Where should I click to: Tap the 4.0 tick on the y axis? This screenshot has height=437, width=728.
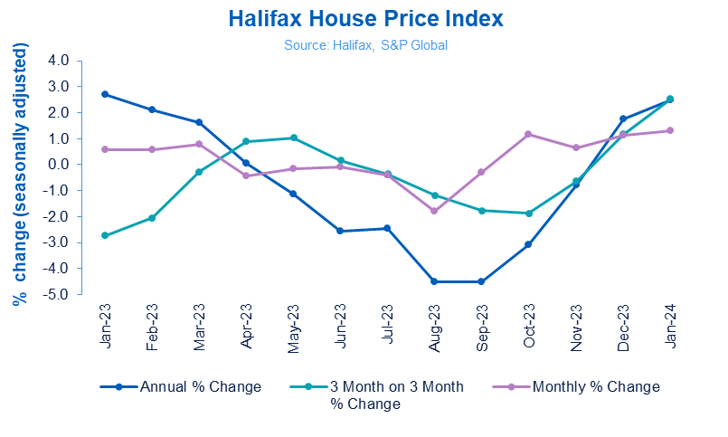[58, 62]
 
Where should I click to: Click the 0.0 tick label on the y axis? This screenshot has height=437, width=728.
[58, 166]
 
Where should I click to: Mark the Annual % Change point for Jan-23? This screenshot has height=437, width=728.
[105, 94]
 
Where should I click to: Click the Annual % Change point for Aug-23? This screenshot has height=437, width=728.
[434, 281]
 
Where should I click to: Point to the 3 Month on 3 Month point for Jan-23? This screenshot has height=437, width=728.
[105, 235]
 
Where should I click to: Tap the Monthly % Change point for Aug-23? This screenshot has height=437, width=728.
[434, 211]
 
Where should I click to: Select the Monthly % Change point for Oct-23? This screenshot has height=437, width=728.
[528, 135]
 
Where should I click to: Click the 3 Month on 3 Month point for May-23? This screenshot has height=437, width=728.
[293, 138]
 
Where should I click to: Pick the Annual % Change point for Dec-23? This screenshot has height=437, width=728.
[622, 119]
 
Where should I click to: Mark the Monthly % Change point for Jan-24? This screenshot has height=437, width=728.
[669, 130]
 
